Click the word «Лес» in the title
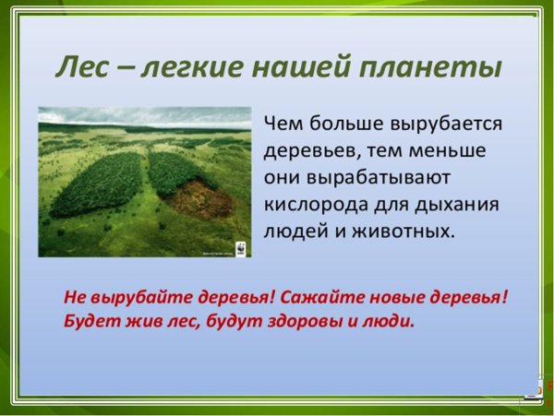point(81,68)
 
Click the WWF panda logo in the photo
point(239,248)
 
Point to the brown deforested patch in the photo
point(198,196)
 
